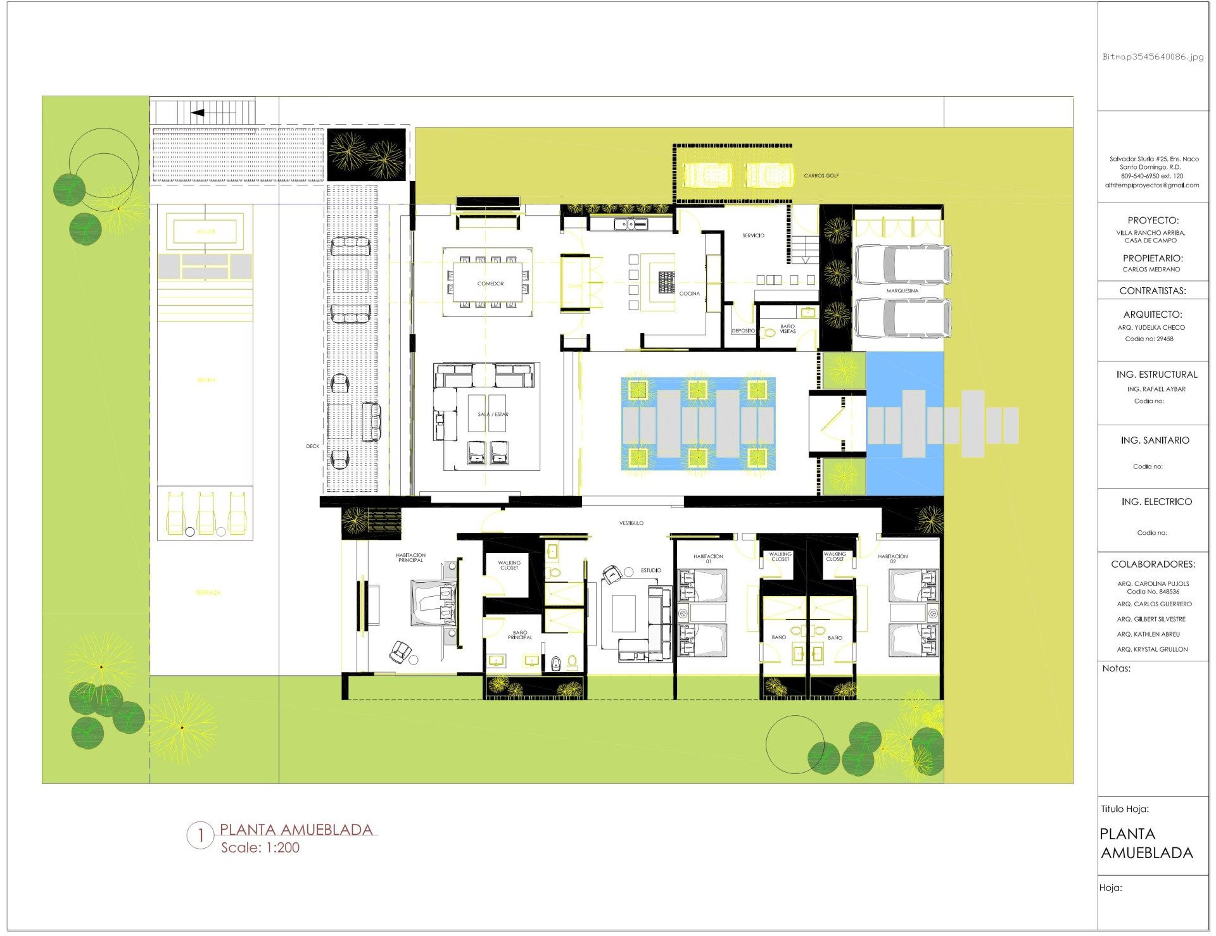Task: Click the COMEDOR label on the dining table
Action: pos(490,284)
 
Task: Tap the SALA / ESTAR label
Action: pos(493,415)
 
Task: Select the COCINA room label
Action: pos(689,294)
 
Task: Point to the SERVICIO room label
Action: pos(753,235)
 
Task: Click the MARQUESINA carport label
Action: pos(902,291)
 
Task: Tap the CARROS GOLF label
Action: pos(821,176)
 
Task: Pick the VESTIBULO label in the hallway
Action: pos(631,523)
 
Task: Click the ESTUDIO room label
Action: pos(650,571)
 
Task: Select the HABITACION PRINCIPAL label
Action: pos(410,558)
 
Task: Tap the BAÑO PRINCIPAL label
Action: pos(519,635)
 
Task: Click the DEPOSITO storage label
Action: pos(743,331)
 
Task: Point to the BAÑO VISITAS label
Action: pos(787,329)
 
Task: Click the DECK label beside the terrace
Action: pos(312,447)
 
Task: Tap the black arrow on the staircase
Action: pos(198,113)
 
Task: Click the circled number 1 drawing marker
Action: pos(201,836)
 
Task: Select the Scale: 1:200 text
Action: pos(260,848)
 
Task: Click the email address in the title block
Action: pos(1151,185)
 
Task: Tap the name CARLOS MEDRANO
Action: pos(1151,270)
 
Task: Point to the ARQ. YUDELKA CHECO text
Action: pos(1151,328)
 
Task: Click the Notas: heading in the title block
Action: pos(1116,668)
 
